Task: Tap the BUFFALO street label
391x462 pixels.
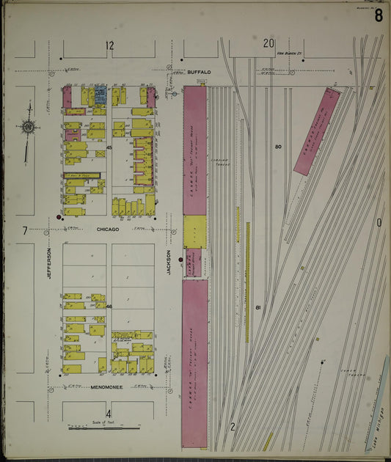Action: [x=199, y=72]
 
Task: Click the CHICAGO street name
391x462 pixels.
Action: [x=109, y=229]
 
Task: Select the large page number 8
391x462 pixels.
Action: [x=377, y=17]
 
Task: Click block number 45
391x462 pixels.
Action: [x=109, y=148]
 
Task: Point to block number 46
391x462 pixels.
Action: [x=109, y=306]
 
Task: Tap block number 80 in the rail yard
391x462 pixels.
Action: [x=278, y=147]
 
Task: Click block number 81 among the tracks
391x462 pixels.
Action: [x=258, y=307]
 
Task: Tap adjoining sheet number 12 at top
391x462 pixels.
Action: [x=109, y=46]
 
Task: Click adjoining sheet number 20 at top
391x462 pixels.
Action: [x=268, y=43]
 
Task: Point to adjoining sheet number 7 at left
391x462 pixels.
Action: [x=24, y=230]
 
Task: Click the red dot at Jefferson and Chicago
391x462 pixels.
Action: [x=59, y=218]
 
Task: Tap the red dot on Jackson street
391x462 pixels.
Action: [x=180, y=259]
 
